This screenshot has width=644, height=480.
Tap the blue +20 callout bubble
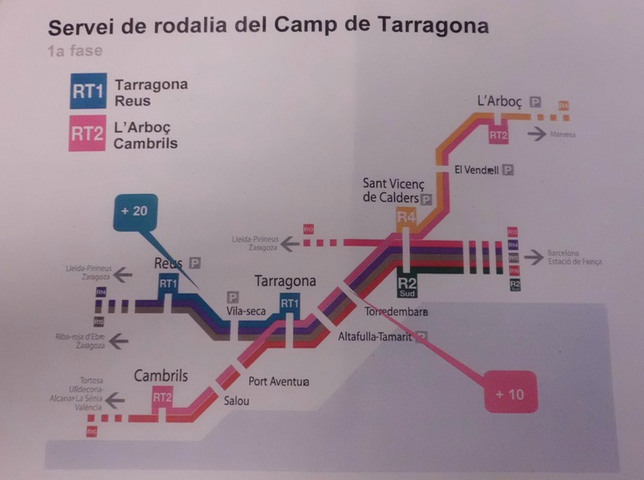click(x=134, y=212)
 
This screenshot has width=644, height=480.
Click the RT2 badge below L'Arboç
click(x=498, y=135)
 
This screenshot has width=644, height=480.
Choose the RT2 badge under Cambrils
click(x=162, y=397)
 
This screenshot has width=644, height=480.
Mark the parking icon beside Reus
click(x=196, y=262)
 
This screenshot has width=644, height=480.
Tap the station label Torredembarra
click(x=396, y=313)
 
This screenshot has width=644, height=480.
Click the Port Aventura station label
click(x=279, y=382)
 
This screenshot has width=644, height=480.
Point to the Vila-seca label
click(x=246, y=312)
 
